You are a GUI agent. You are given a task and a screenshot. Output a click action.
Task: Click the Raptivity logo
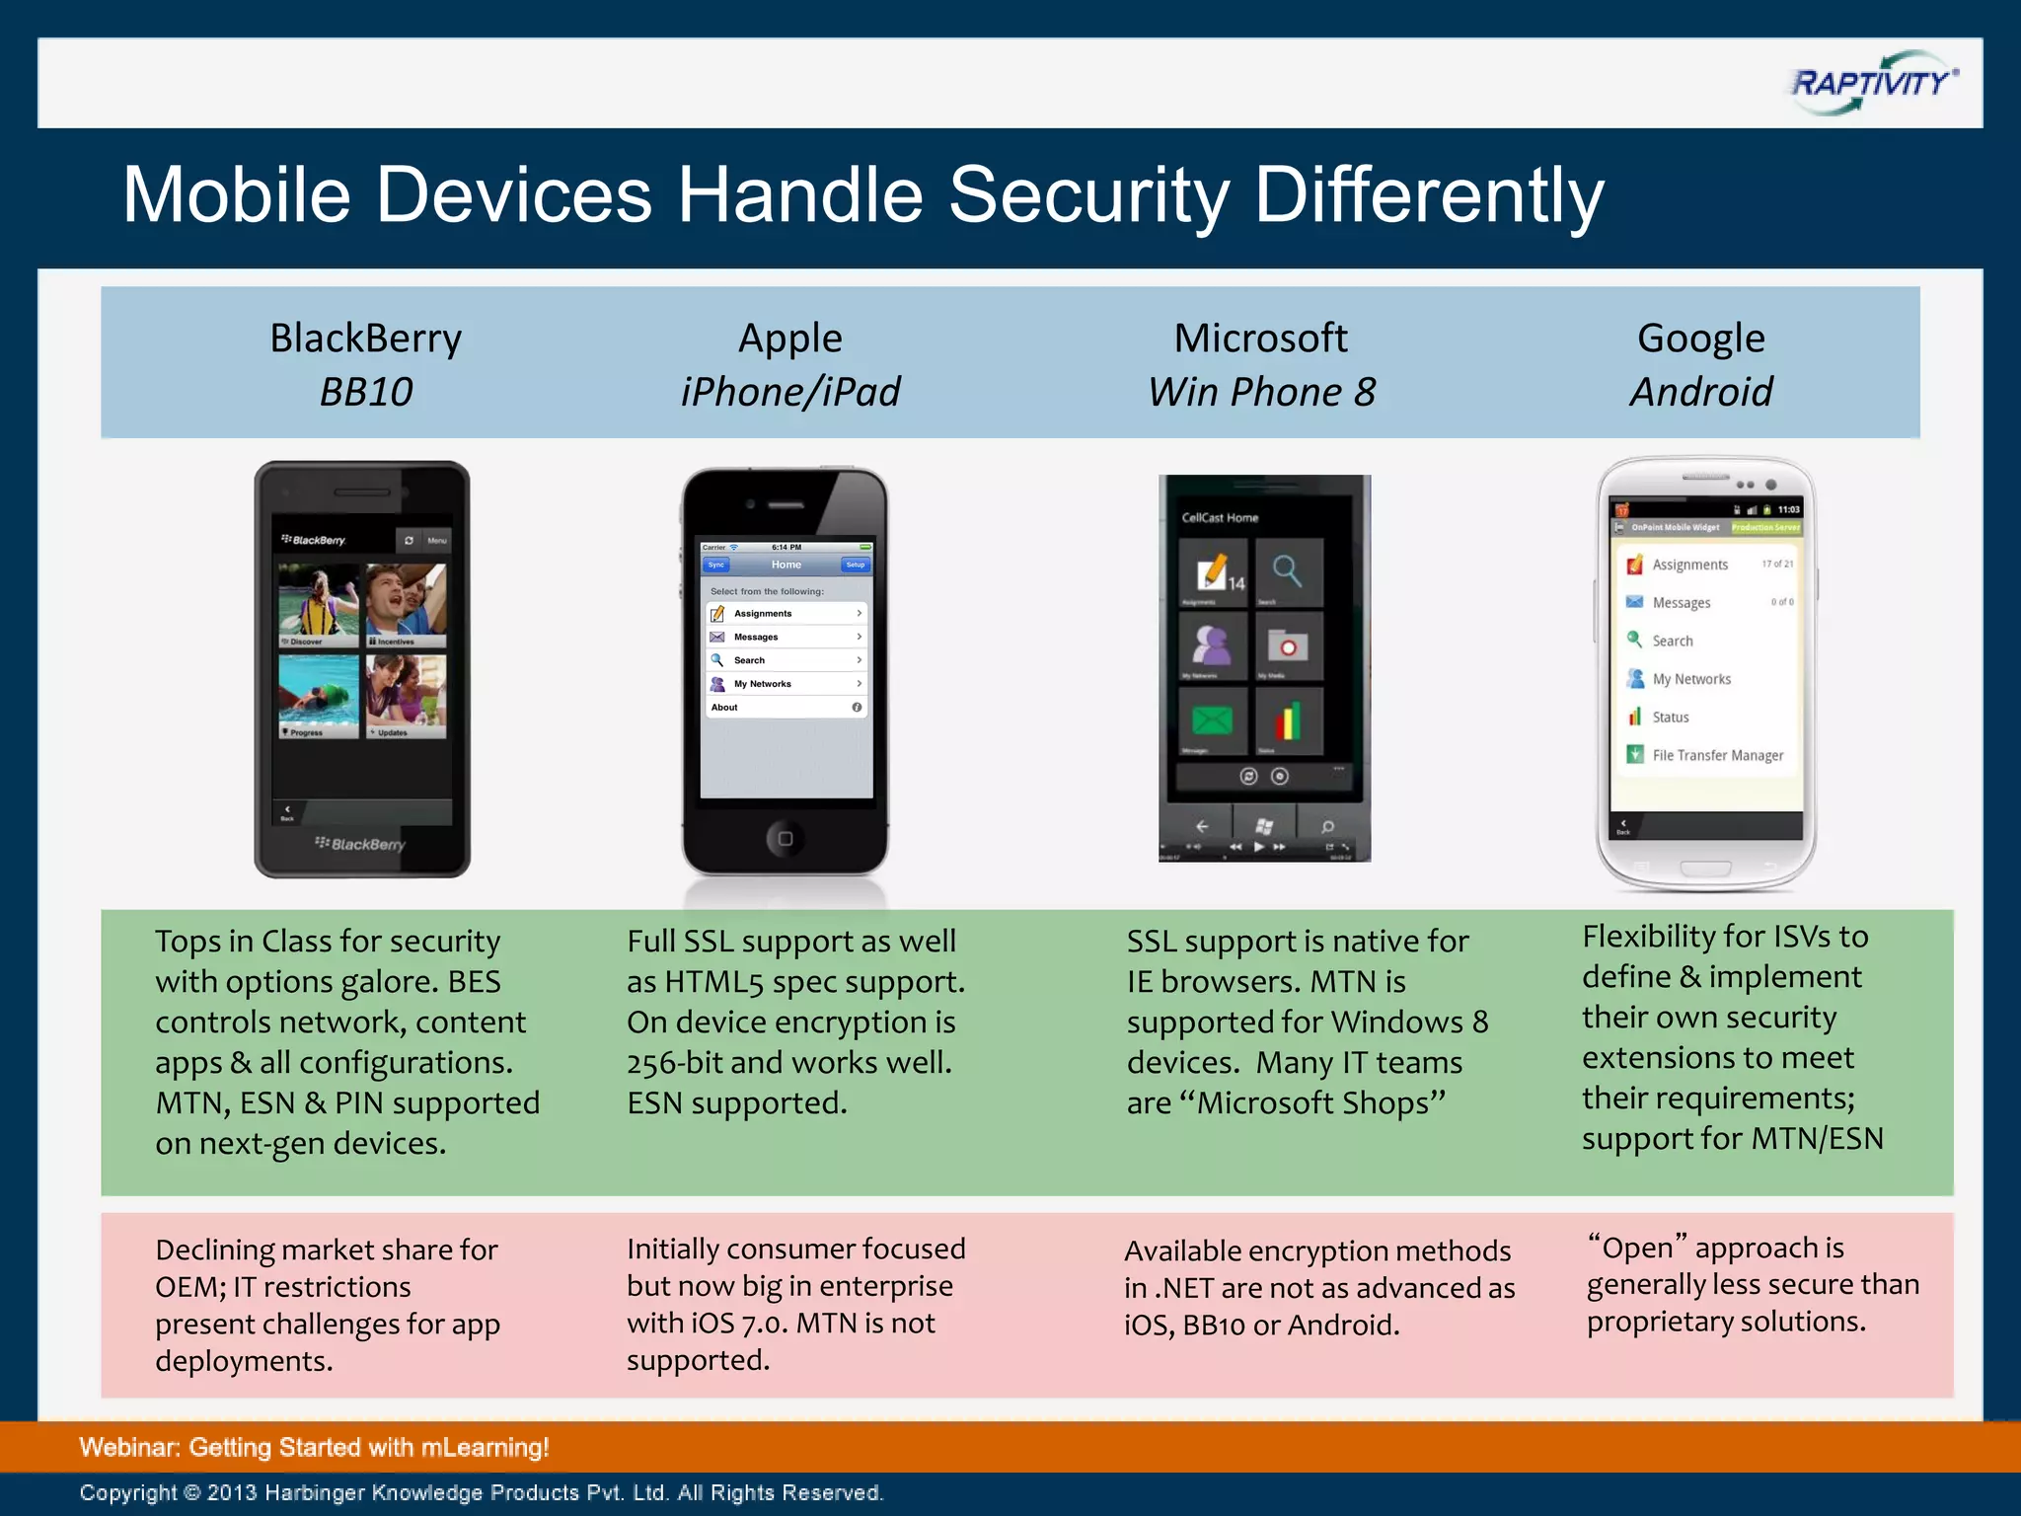pos(1872,83)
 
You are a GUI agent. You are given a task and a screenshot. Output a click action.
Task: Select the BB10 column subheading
pos(366,393)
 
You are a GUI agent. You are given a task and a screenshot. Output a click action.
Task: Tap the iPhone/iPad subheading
pos(789,393)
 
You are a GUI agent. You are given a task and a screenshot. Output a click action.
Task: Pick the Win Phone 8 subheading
pos(1260,393)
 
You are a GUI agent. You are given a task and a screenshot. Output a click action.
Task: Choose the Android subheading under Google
pos(1700,393)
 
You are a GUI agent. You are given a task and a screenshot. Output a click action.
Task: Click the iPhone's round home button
pos(785,839)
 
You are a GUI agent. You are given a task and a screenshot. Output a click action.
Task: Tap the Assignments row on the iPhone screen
pos(786,614)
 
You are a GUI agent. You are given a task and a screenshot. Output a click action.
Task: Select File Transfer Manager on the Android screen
pos(1716,755)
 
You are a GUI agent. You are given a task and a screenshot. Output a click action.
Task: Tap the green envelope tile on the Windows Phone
pos(1212,721)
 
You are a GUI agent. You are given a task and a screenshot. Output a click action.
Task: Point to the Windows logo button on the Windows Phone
pos(1264,826)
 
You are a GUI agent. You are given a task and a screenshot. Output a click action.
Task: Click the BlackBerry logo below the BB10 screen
pos(361,844)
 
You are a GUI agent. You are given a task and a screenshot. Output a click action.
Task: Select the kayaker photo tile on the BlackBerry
pos(319,604)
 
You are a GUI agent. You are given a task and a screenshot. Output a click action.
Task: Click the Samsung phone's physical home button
pos(1705,869)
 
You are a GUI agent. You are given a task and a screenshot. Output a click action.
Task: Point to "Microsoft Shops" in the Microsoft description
pos(1321,1103)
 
